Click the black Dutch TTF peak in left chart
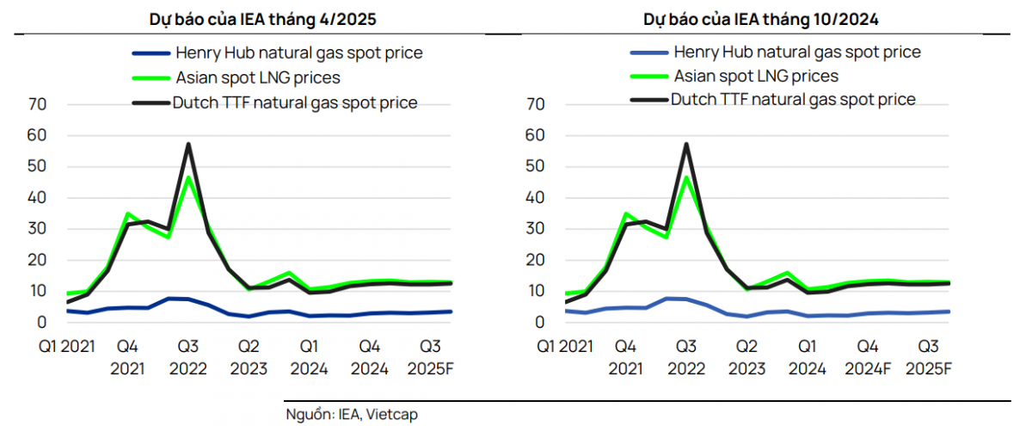point(188,144)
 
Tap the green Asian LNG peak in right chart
point(686,176)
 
